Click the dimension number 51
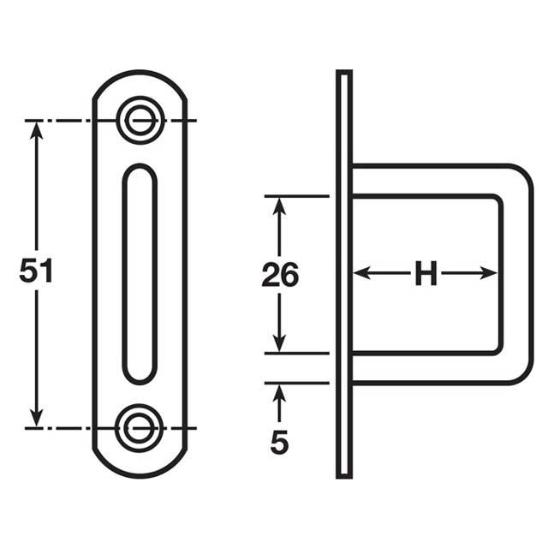point(36,271)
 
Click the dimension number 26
point(280,275)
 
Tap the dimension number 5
point(279,442)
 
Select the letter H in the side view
point(426,274)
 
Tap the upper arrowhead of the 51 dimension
point(36,128)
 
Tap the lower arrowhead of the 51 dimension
point(36,419)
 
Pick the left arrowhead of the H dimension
point(360,273)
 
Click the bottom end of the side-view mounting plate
point(343,474)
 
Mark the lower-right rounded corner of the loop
point(519,370)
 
